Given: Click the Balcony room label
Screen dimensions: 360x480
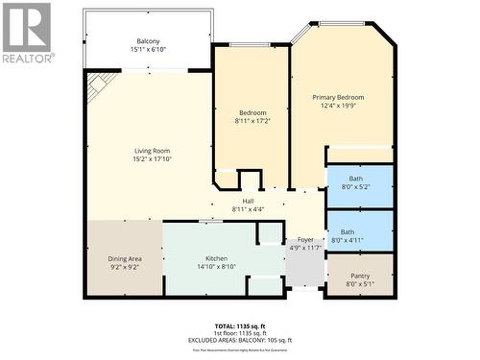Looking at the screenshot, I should tap(148, 41).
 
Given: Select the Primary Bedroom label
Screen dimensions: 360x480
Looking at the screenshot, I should tap(338, 97).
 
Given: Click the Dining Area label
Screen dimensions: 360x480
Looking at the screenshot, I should tap(124, 260).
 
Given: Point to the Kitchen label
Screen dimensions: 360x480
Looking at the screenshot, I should tap(216, 260).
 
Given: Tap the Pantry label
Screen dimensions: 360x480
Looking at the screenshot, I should tap(359, 276).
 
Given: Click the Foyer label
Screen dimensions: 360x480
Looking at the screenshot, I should tap(305, 240).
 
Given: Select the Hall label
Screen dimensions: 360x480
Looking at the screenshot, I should tap(248, 202).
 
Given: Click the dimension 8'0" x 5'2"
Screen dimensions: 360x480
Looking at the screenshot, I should tap(355, 187).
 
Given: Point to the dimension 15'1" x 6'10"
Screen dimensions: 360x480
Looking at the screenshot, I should tap(148, 50).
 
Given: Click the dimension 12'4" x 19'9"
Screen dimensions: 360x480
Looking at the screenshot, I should tap(338, 107).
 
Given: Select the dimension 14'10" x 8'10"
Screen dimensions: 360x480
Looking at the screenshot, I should tap(216, 269).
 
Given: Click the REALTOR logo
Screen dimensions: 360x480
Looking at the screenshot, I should tap(26, 33).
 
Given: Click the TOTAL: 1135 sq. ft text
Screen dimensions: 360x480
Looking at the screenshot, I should tap(239, 324).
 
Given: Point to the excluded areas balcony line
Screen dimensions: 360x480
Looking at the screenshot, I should tap(239, 340).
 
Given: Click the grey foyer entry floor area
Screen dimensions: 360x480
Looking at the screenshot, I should tap(305, 270).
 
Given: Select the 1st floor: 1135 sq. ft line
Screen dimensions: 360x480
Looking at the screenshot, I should tap(239, 332).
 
